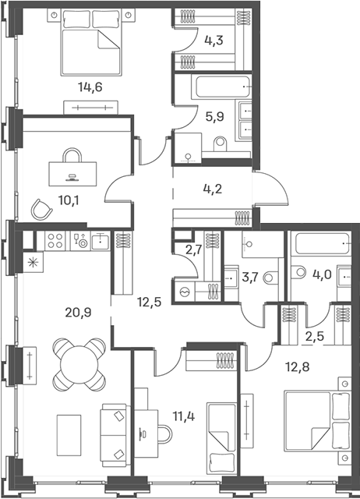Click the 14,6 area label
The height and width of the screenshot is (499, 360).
pos(90,87)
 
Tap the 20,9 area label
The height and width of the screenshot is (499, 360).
pos(78,313)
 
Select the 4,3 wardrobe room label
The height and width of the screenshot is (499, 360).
pos(214,41)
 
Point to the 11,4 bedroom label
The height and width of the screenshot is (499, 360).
pos(184,416)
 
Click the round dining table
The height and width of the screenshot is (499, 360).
pos(79,364)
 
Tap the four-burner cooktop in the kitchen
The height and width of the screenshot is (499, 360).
pos(55,241)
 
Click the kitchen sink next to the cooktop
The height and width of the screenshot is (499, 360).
pos(101,241)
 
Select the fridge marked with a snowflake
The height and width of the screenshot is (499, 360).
pos(33,263)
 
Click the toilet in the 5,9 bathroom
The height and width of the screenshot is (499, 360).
pos(221,143)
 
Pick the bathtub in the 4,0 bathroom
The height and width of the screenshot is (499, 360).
pos(322,243)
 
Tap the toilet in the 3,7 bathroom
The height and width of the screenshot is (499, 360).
pos(270,278)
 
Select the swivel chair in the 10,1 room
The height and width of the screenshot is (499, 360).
pos(41,209)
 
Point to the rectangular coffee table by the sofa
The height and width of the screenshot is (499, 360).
pos(69,435)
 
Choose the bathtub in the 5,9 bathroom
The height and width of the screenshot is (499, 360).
pos(221,87)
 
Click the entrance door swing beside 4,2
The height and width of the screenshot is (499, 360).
pos(271,189)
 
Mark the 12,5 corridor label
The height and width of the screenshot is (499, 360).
pos(150,302)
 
